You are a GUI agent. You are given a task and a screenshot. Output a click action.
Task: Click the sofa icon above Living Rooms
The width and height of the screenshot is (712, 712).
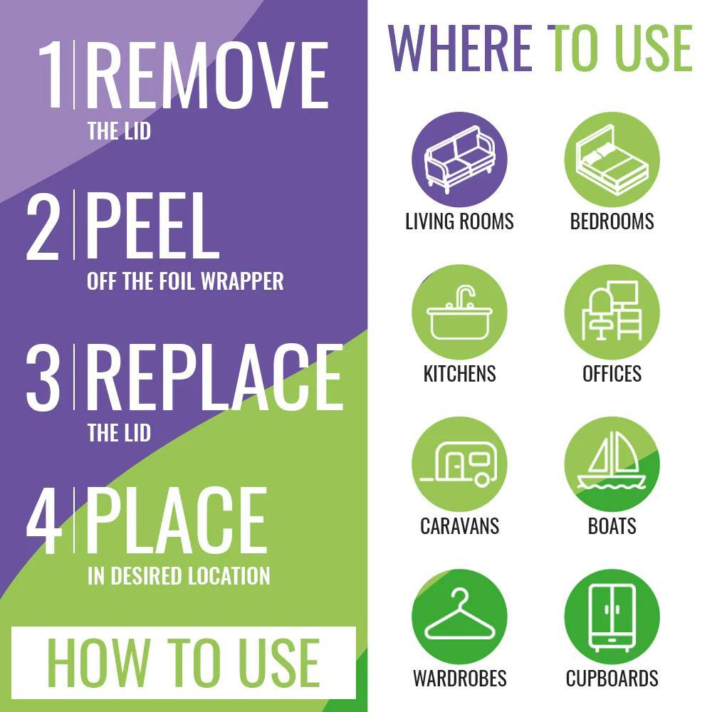click(459, 159)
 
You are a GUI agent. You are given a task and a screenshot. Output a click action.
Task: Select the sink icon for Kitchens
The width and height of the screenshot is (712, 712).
click(459, 313)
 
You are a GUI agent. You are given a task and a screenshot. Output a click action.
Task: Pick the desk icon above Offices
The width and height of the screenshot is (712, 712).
click(612, 310)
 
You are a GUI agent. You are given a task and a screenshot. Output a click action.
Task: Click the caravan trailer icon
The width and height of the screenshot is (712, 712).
click(459, 464)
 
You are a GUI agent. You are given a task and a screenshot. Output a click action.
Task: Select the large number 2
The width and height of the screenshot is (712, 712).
click(43, 226)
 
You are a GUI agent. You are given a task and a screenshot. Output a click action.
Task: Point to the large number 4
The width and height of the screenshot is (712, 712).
click(44, 520)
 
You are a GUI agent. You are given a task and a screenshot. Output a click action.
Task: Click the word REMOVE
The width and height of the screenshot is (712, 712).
click(207, 75)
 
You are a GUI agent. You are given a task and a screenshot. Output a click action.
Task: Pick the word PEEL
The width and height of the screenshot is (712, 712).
click(152, 226)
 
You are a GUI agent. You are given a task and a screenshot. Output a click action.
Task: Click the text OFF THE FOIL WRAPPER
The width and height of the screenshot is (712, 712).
click(185, 281)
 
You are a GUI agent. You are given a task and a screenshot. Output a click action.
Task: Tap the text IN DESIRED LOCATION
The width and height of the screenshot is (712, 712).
click(179, 576)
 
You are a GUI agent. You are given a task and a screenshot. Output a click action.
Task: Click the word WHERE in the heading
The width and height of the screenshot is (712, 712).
click(459, 48)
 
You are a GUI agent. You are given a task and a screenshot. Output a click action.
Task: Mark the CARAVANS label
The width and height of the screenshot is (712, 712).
click(459, 526)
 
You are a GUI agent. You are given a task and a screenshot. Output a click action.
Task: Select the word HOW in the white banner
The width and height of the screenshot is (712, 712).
click(98, 661)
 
